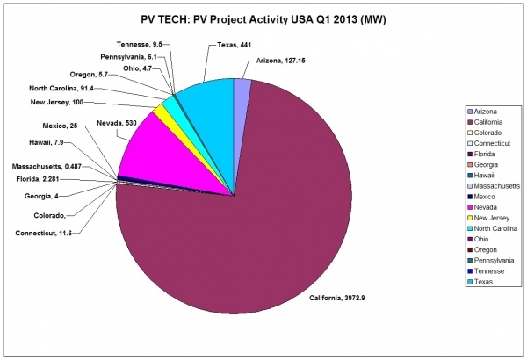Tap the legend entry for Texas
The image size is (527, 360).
pos(486,283)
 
